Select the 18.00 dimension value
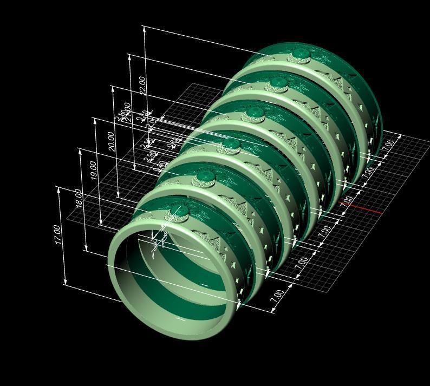point(79,198)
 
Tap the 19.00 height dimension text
point(94,170)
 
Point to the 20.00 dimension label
point(112,140)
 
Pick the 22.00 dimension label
point(142,85)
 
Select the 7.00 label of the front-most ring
point(277,296)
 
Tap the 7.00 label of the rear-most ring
point(388,145)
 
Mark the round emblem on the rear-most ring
point(301,54)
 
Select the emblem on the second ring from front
point(205,176)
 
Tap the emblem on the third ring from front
point(231,144)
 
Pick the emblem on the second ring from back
point(278,82)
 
